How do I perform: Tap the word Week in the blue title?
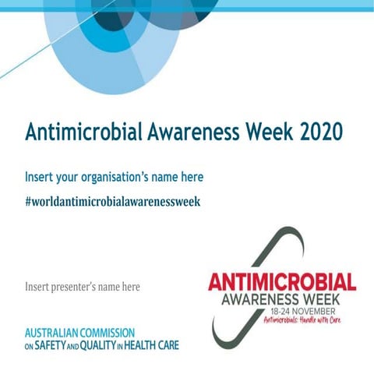click(x=260, y=132)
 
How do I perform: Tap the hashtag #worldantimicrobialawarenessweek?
click(x=113, y=200)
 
